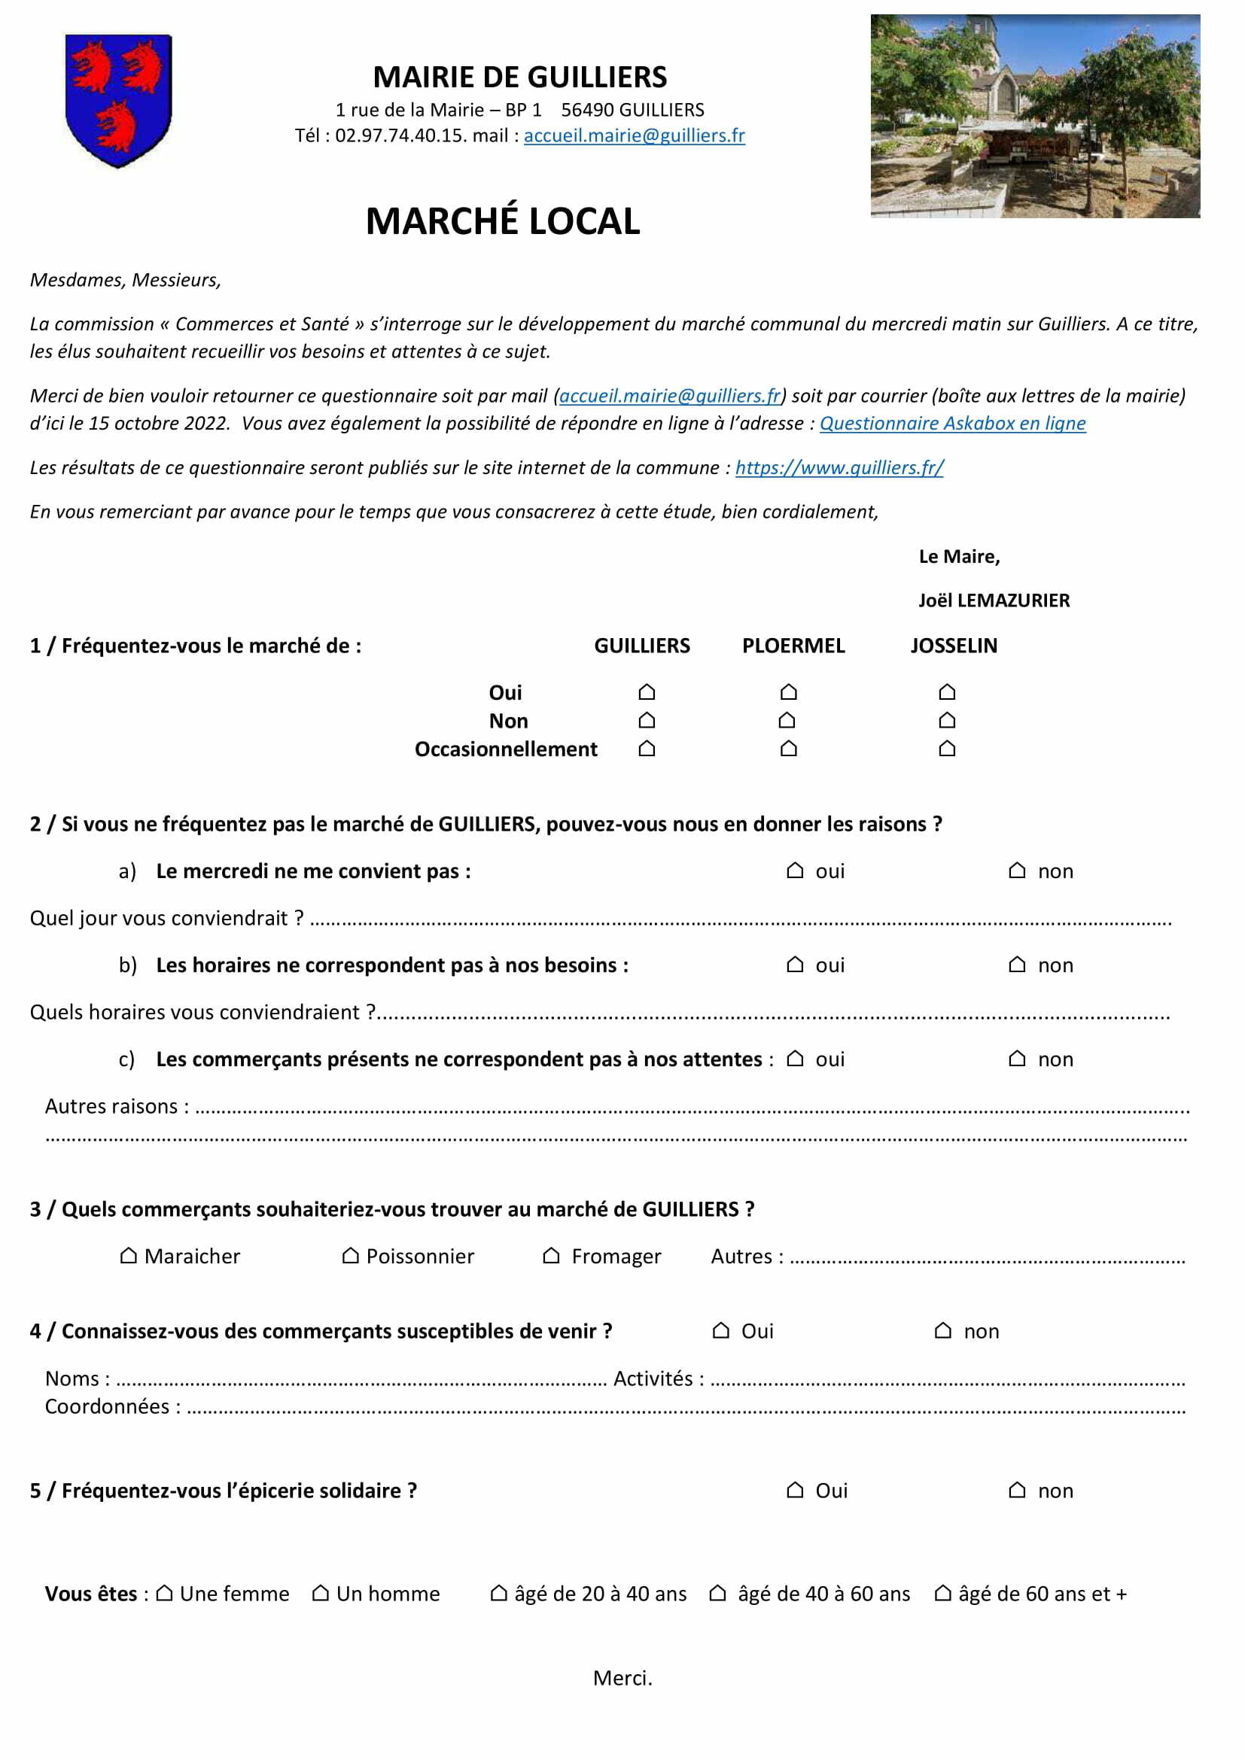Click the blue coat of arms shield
pyautogui.click(x=118, y=99)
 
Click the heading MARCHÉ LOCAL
pyautogui.click(x=502, y=221)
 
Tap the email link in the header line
pyautogui.click(x=634, y=135)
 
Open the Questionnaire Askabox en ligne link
pyautogui.click(x=952, y=424)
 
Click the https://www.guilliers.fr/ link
pyautogui.click(x=839, y=467)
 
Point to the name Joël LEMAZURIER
pyautogui.click(x=994, y=600)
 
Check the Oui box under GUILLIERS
pyautogui.click(x=647, y=693)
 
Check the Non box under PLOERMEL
pyautogui.click(x=787, y=721)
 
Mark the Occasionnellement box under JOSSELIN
pyautogui.click(x=947, y=749)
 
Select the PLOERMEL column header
pyautogui.click(x=793, y=646)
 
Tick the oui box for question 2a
pyautogui.click(x=795, y=871)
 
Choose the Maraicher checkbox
pyautogui.click(x=129, y=1256)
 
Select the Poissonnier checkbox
pyautogui.click(x=350, y=1256)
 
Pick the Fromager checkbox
pyautogui.click(x=551, y=1256)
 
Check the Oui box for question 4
pyautogui.click(x=720, y=1331)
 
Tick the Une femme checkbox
pyautogui.click(x=164, y=1594)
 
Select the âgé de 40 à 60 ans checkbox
pyautogui.click(x=717, y=1594)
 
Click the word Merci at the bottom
pyautogui.click(x=622, y=1678)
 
